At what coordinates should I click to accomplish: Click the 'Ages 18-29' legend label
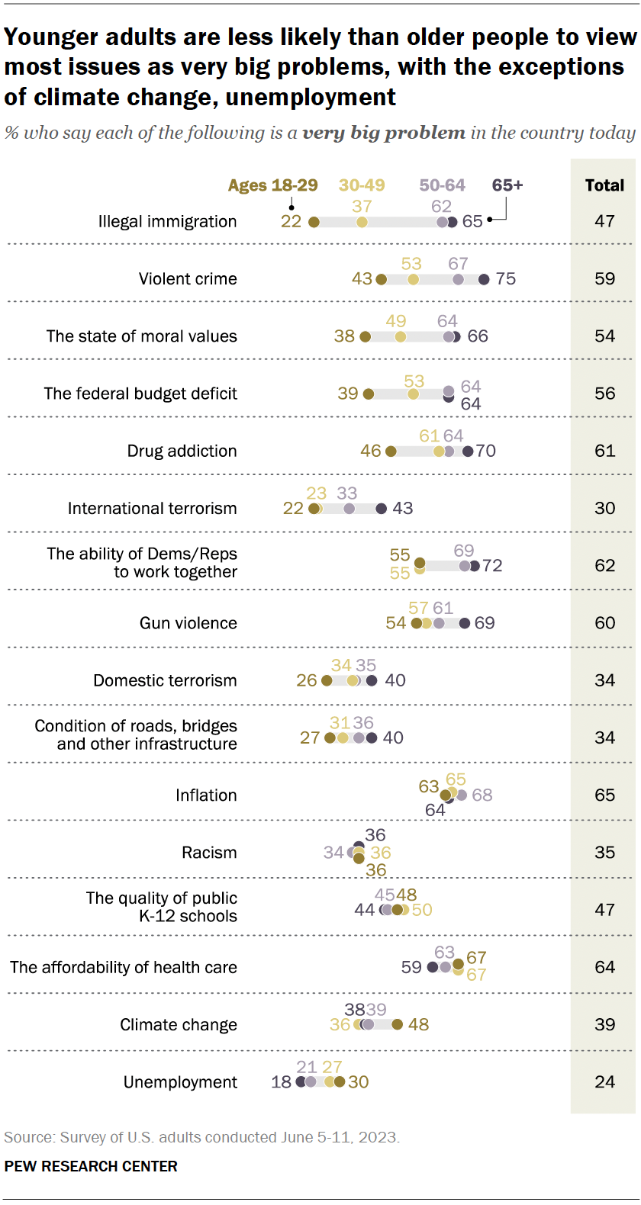(x=272, y=185)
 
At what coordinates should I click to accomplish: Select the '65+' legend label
(x=507, y=185)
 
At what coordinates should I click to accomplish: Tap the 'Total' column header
(x=604, y=185)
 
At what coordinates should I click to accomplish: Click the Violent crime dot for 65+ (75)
(x=484, y=280)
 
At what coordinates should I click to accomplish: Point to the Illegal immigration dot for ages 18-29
(x=314, y=222)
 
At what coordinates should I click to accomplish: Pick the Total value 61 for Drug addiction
(x=604, y=451)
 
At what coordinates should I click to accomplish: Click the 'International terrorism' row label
(x=152, y=509)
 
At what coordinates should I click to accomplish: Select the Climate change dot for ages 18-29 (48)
(x=397, y=1024)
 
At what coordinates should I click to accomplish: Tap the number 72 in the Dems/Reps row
(x=492, y=566)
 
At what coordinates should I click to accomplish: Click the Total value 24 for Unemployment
(x=604, y=1081)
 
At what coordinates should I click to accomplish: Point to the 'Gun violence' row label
(x=188, y=623)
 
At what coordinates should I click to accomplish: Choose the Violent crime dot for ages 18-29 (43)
(x=382, y=280)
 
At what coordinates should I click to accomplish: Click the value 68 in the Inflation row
(x=482, y=795)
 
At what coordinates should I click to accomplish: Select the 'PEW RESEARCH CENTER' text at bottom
(x=91, y=1166)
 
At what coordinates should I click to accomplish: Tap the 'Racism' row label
(x=209, y=853)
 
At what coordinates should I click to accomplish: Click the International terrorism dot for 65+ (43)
(x=381, y=509)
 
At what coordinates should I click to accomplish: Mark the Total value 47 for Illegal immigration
(x=604, y=221)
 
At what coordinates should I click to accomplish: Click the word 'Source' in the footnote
(x=28, y=1137)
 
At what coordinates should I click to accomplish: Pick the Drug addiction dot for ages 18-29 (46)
(x=391, y=451)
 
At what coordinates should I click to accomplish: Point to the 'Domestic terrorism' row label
(x=165, y=680)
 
